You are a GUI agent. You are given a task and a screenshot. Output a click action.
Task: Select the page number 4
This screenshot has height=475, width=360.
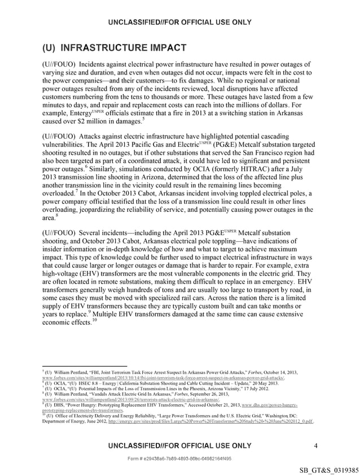pos(316,446)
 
